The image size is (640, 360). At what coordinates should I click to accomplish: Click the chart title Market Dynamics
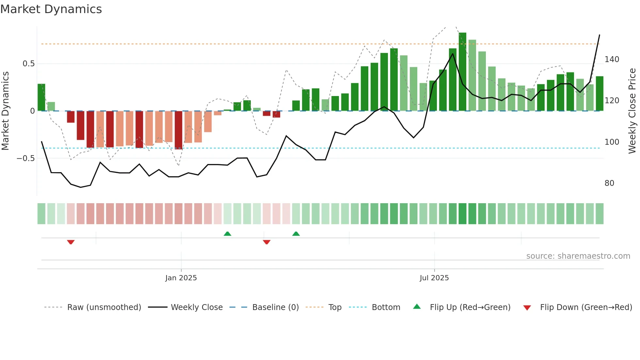(x=51, y=9)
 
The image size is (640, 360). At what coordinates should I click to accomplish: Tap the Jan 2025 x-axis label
(x=181, y=278)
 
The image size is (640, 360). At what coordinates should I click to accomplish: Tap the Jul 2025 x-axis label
(x=434, y=278)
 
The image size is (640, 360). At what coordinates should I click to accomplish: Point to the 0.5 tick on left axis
(x=29, y=64)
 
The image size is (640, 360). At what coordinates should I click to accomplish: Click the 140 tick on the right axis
(x=612, y=59)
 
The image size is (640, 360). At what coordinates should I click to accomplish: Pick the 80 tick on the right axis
(x=609, y=183)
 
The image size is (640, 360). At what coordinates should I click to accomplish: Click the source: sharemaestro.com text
(x=578, y=256)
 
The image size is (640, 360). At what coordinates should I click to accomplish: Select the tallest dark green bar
(x=462, y=72)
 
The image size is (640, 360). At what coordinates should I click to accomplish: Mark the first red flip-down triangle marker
(x=71, y=242)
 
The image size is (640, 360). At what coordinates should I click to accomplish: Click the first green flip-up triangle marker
(x=227, y=234)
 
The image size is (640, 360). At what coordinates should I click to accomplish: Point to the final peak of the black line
(x=600, y=35)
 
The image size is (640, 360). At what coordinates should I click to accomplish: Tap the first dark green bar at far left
(x=41, y=97)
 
